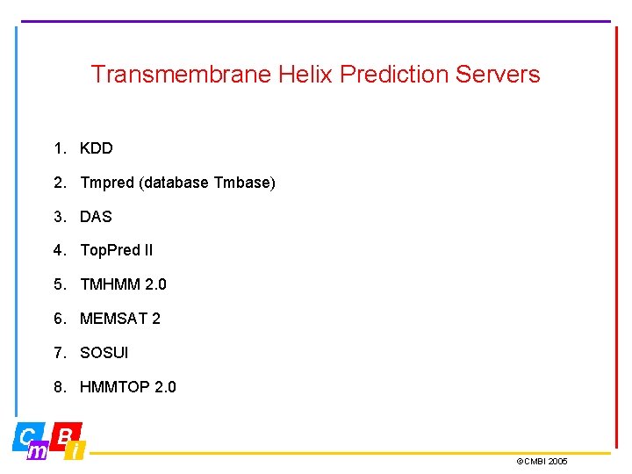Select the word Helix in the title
(306, 75)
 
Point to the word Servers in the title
(498, 75)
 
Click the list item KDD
(97, 148)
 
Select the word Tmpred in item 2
(107, 183)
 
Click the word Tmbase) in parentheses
(244, 183)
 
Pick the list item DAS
(96, 216)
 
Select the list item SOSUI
(104, 353)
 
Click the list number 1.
(58, 148)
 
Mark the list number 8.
(58, 387)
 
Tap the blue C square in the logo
(27, 435)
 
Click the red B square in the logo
(67, 434)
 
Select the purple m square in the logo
(39, 451)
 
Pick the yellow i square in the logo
(76, 451)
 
